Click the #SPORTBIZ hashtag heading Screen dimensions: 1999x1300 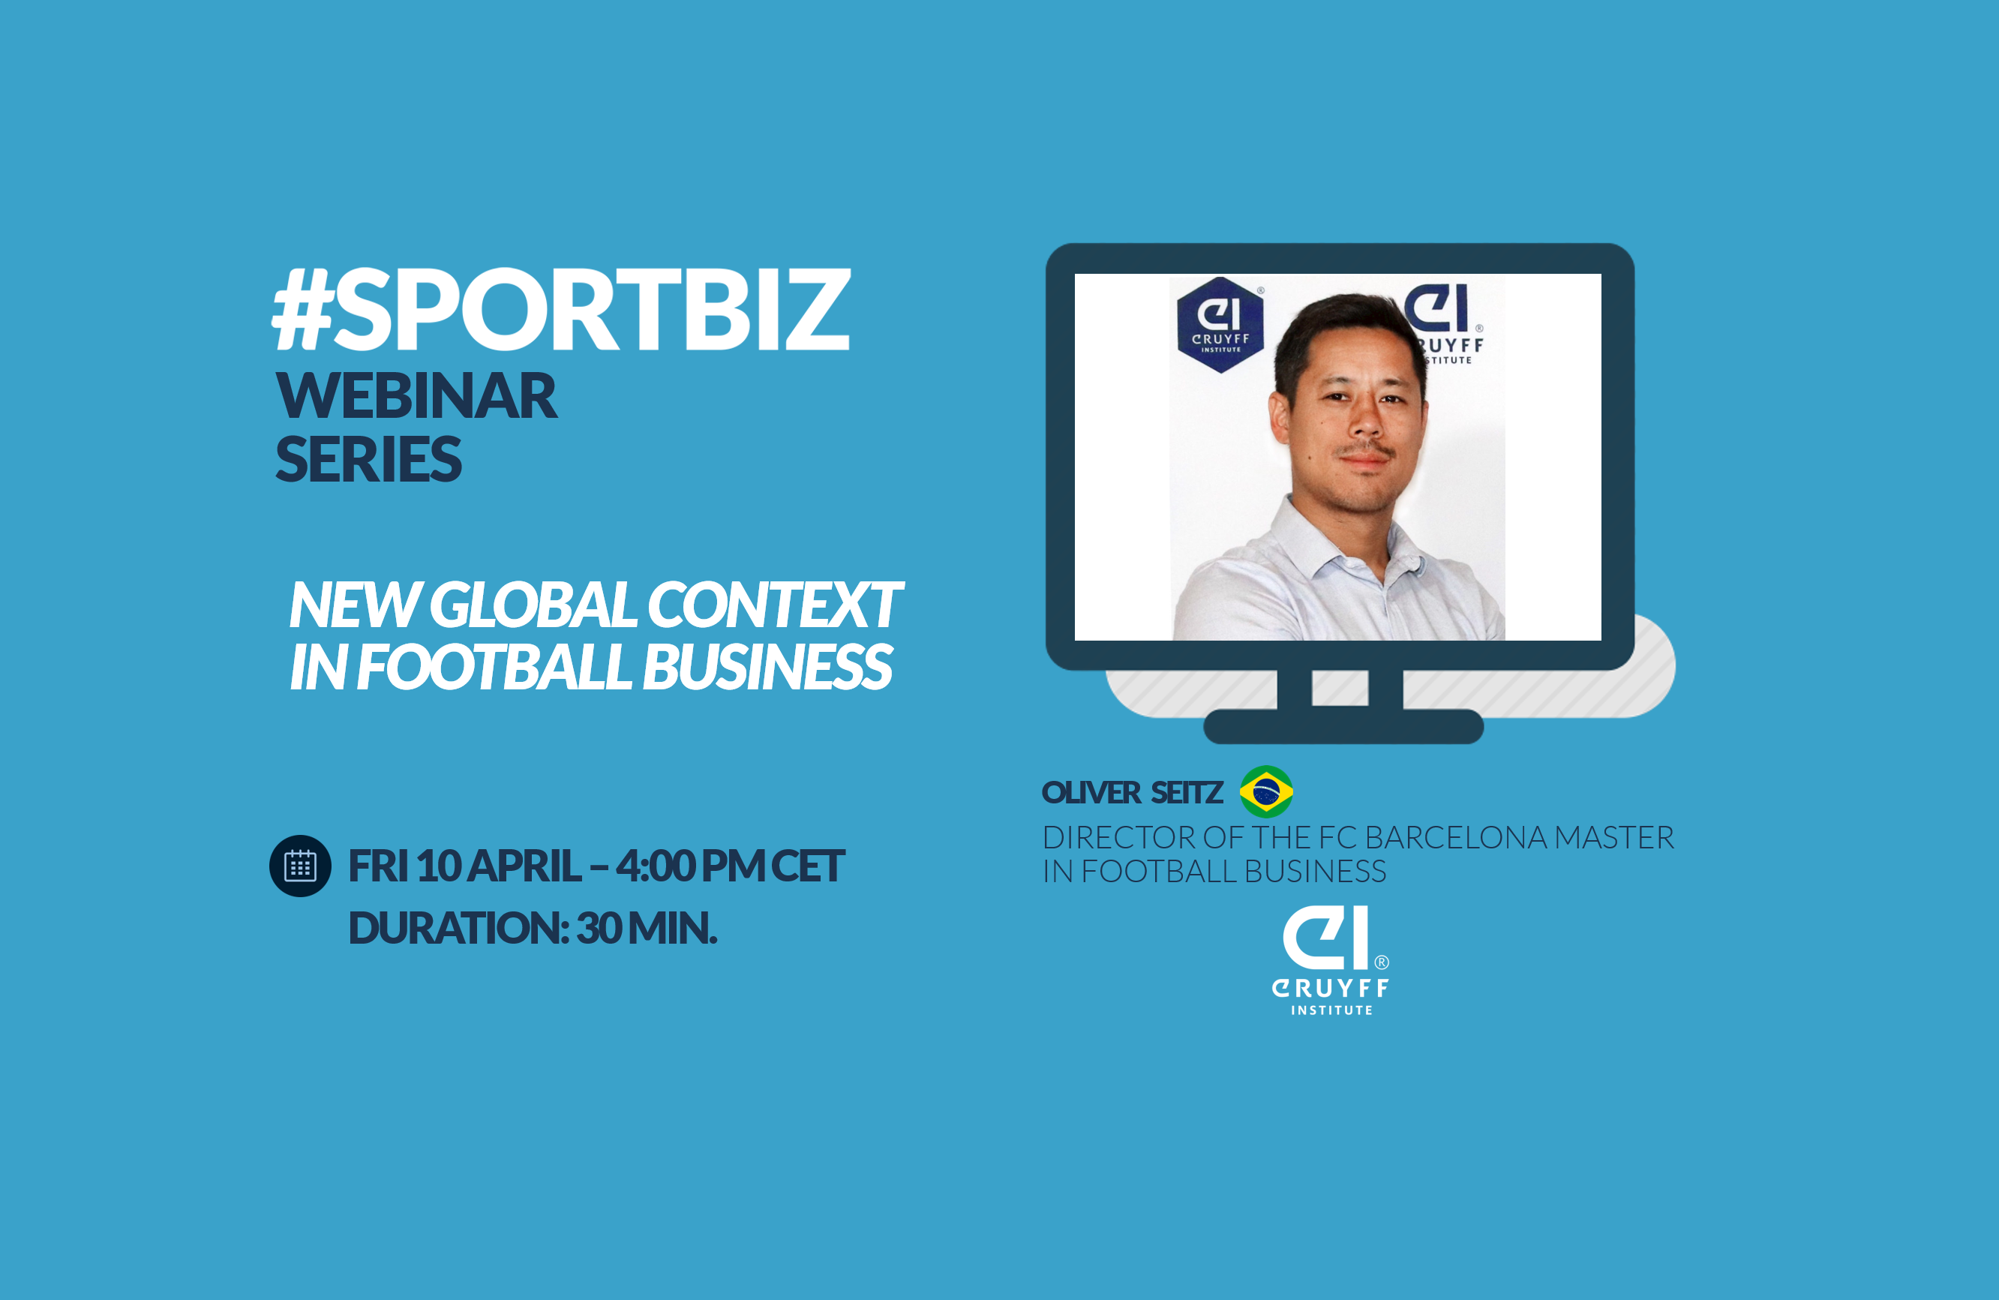[561, 310]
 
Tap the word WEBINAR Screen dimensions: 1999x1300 [416, 396]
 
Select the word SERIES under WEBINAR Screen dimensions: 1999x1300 [369, 459]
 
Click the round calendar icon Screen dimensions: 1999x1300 [300, 866]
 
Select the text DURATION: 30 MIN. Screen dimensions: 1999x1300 [533, 928]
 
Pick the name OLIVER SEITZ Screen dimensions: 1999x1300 [1131, 793]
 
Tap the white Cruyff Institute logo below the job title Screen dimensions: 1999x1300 [1331, 961]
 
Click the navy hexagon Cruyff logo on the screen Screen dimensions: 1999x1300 [1220, 325]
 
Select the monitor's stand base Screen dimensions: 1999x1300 [1343, 726]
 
